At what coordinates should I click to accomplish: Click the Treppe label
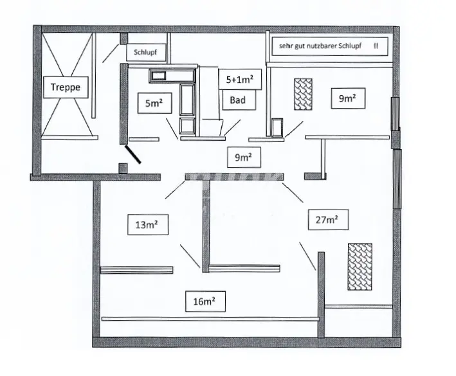[66, 87]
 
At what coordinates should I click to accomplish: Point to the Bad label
[237, 100]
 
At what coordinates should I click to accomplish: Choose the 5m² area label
[154, 103]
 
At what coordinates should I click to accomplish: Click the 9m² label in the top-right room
[347, 99]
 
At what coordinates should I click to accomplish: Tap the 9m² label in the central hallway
[244, 156]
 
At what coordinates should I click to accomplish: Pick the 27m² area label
[327, 220]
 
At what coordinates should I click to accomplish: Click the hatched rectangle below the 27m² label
[360, 267]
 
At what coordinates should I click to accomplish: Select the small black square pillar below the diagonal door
[122, 168]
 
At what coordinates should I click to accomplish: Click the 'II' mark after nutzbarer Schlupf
[376, 47]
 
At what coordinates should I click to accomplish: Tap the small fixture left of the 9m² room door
[278, 127]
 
